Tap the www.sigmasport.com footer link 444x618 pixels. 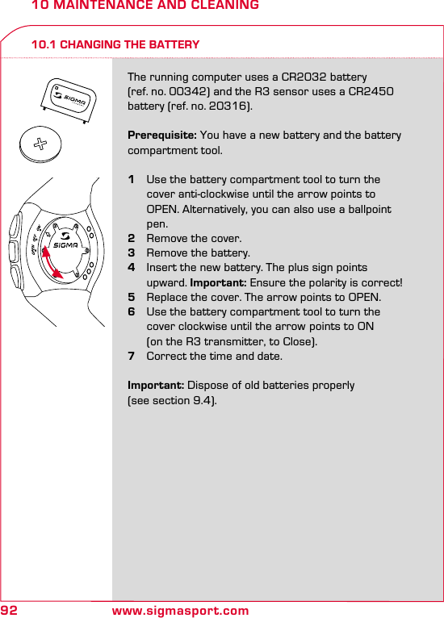[x=180, y=611]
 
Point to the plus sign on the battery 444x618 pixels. [x=39, y=146]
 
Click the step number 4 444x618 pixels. [x=132, y=268]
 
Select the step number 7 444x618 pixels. [x=132, y=356]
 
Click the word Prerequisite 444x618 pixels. [x=161, y=136]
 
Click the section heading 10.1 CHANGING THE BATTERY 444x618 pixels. [x=115, y=44]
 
